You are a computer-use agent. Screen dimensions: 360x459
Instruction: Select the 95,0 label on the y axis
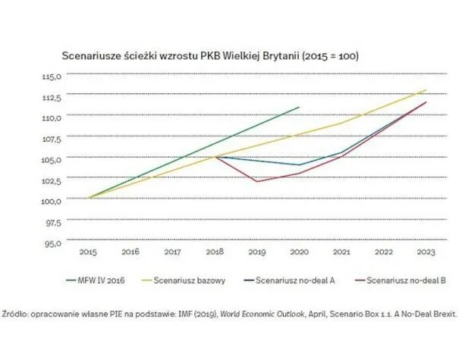[x=60, y=244]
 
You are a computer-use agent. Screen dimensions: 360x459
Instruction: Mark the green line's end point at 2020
[x=300, y=107]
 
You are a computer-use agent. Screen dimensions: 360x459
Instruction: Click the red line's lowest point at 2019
[x=257, y=182]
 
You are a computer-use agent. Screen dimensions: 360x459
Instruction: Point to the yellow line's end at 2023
[x=426, y=89]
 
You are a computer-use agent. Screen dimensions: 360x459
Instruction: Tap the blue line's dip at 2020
[x=300, y=165]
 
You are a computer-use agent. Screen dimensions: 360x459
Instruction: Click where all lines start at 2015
[x=89, y=198]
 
